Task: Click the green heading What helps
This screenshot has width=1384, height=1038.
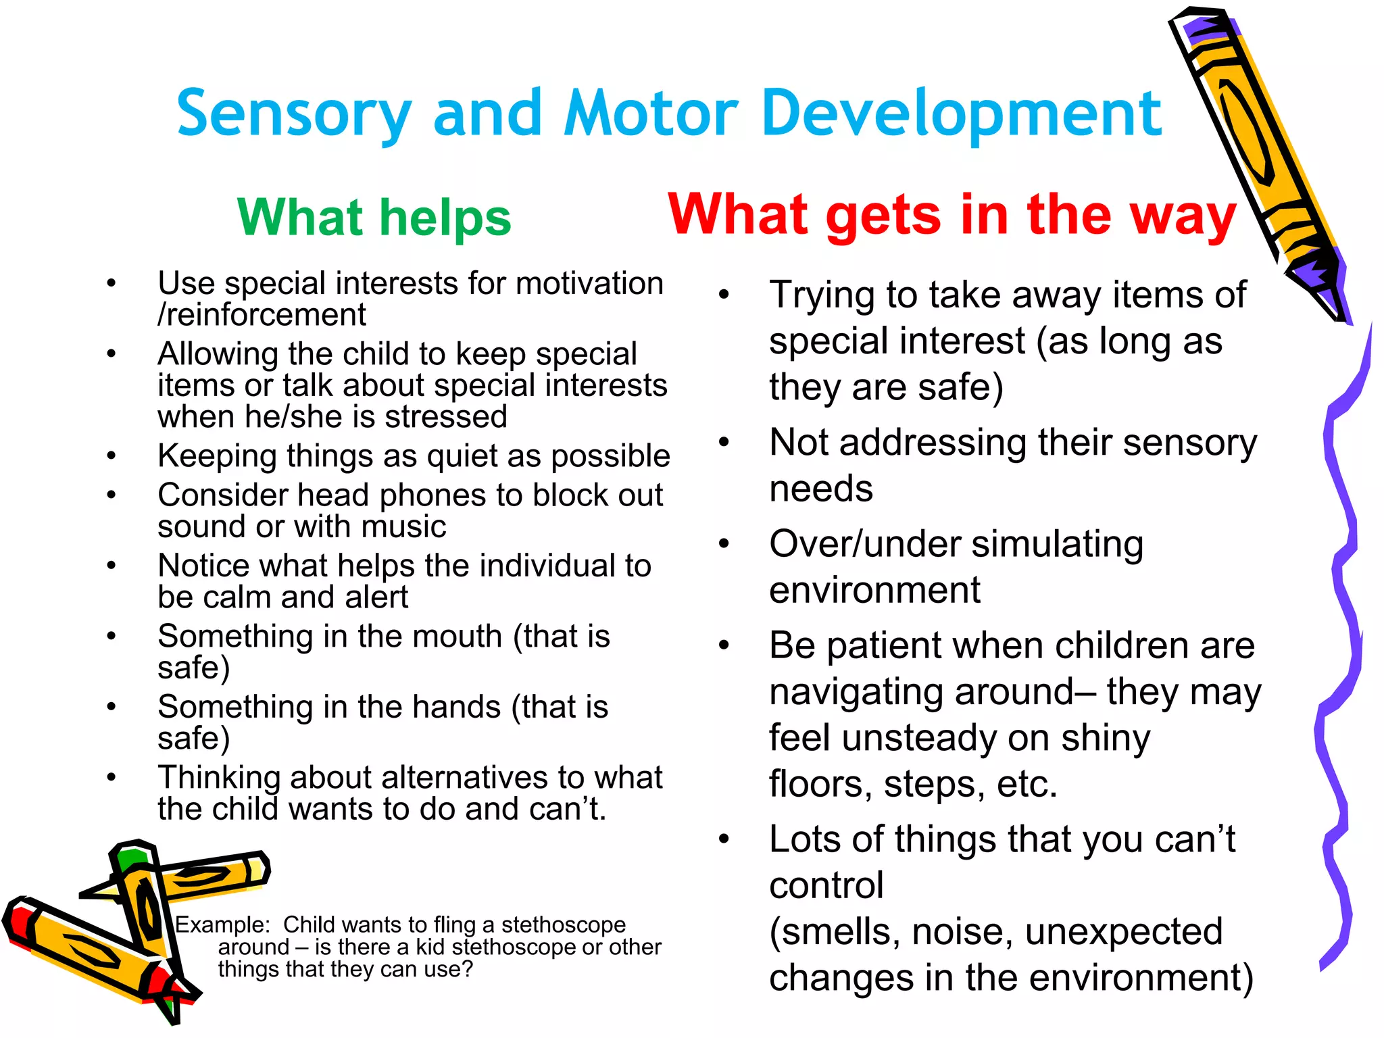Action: (374, 218)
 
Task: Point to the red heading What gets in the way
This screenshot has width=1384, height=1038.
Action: (951, 215)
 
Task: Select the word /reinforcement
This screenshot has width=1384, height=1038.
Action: (262, 315)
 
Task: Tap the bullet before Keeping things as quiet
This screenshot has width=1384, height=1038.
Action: (112, 456)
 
